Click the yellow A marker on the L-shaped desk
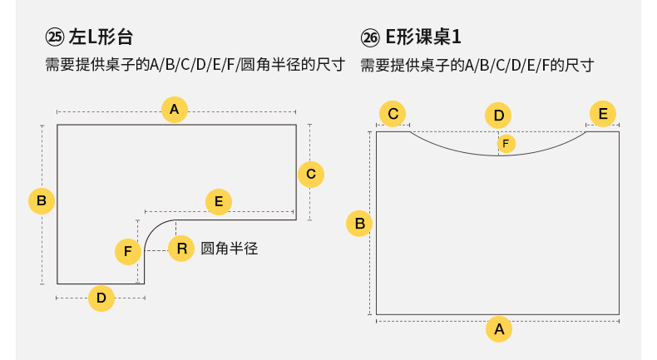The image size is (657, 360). (175, 110)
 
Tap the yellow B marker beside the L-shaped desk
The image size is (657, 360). (41, 200)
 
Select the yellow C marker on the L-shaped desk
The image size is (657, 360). (311, 174)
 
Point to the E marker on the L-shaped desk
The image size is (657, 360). (218, 201)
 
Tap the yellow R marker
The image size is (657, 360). (181, 248)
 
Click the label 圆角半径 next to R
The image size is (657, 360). (230, 248)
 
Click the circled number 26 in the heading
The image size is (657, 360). (370, 38)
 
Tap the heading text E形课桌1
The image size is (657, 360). (423, 37)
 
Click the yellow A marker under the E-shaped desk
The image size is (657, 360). (499, 328)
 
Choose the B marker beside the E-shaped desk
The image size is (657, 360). (360, 224)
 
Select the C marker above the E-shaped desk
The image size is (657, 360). (393, 114)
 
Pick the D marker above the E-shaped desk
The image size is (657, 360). (499, 116)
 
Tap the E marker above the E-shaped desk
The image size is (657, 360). (603, 114)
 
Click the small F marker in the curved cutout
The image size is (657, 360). (506, 144)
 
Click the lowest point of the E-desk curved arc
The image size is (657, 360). (499, 155)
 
